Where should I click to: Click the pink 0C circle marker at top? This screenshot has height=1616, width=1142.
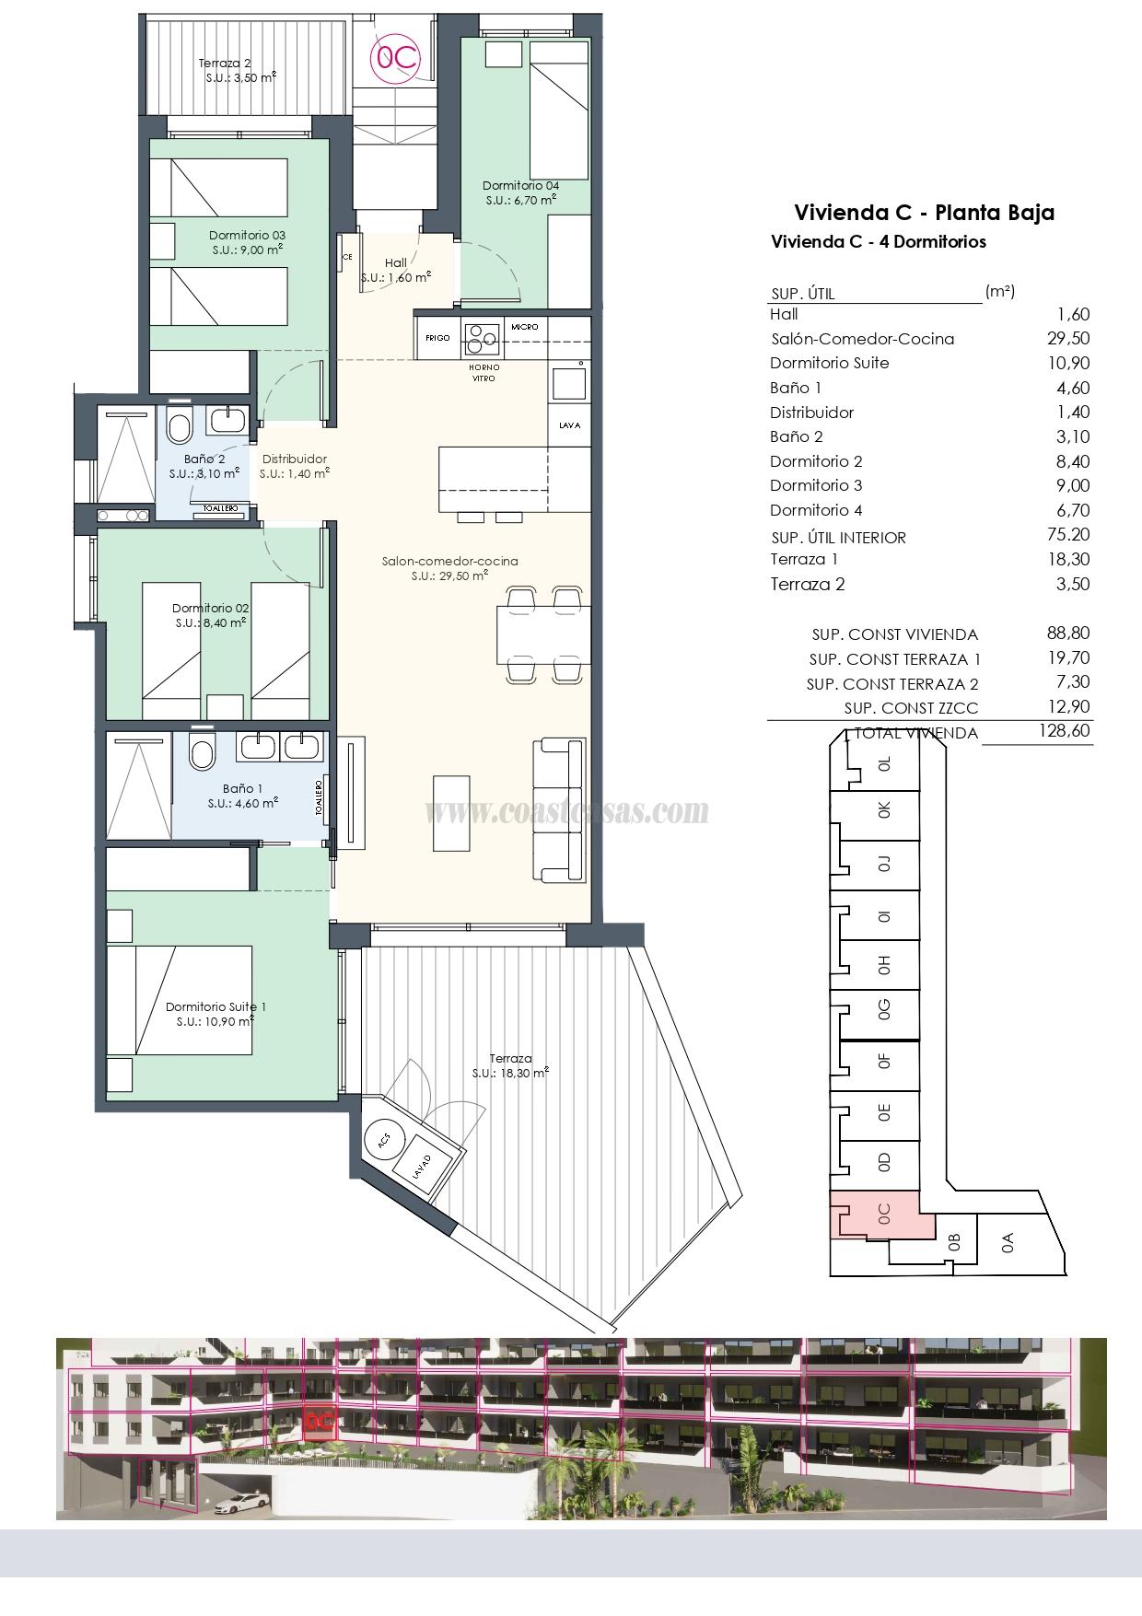[x=394, y=59]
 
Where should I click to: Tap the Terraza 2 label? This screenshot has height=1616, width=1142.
[x=226, y=64]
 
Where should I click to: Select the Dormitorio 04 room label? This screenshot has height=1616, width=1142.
[x=520, y=185]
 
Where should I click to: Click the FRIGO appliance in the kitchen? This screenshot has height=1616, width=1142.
[x=437, y=338]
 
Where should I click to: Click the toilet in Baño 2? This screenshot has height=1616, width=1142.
[x=179, y=426]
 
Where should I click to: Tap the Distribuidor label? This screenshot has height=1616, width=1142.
[x=294, y=459]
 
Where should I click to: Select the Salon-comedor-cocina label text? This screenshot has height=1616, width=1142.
[x=449, y=561]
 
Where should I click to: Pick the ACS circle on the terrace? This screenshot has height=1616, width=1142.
[x=384, y=1139]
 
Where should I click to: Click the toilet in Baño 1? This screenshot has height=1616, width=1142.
[x=201, y=753]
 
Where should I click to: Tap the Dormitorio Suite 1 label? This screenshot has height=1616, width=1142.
[x=216, y=1007]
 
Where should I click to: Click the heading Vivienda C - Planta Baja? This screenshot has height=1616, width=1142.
[x=924, y=213]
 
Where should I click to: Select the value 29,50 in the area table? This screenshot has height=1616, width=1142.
[x=1068, y=339]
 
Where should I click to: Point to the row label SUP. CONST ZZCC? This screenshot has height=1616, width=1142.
[x=911, y=708]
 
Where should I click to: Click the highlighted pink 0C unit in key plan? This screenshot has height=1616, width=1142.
[x=882, y=1214]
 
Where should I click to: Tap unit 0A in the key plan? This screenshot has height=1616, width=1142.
[x=1008, y=1243]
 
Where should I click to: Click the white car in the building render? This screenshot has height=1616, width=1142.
[x=239, y=1503]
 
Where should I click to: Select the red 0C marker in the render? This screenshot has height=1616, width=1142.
[x=319, y=1421]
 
